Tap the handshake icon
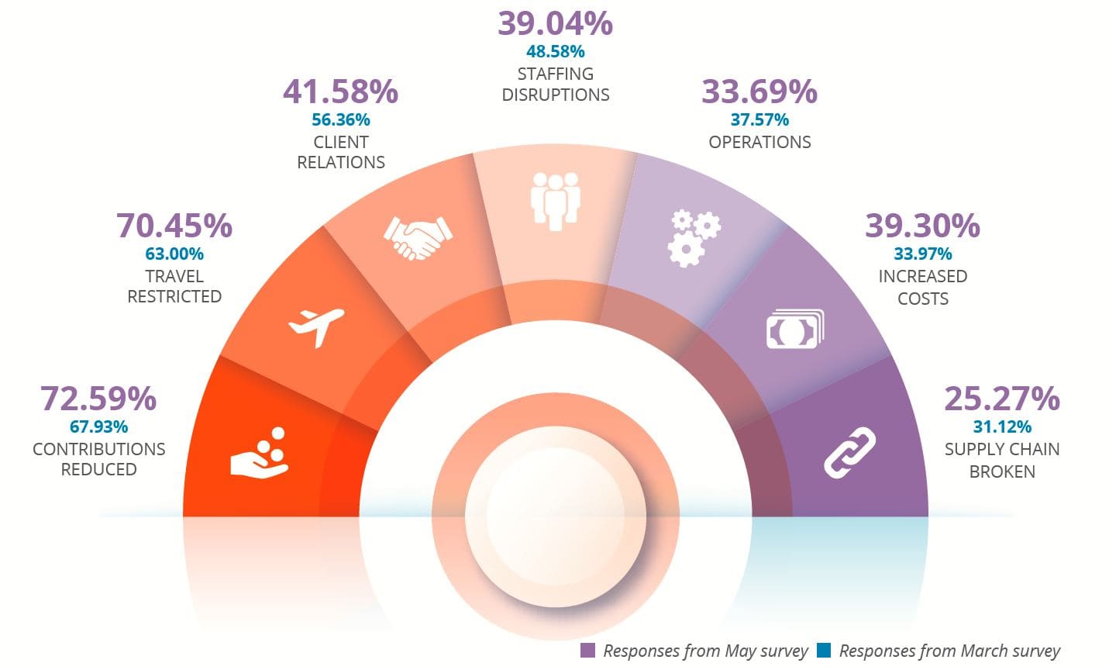coord(418,236)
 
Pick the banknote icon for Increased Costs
coord(794,330)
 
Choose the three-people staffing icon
coord(555,200)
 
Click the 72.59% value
coord(98,399)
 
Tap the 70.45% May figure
coord(174,226)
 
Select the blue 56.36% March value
coord(341,119)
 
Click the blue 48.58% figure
coord(555,52)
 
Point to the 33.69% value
coord(759,92)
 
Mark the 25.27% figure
coord(1001,399)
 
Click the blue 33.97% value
coord(922,254)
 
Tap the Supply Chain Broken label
coord(1001,460)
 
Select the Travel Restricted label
coord(174,286)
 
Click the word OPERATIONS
coord(759,142)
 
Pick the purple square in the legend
coord(588,651)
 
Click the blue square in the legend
coord(824,651)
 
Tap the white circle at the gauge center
coord(555,516)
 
